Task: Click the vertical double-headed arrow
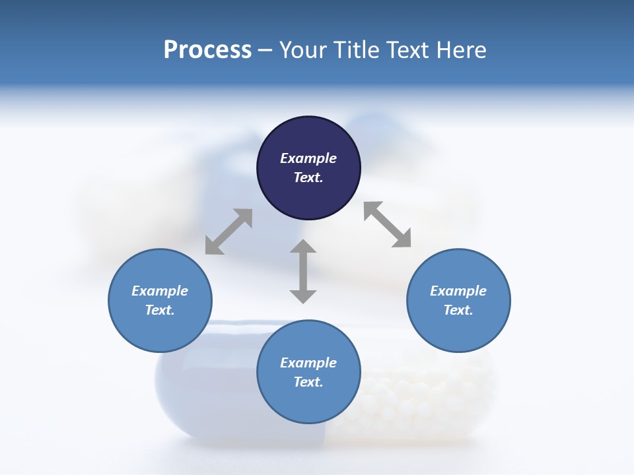click(303, 271)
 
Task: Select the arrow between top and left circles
click(229, 232)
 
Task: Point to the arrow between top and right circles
click(388, 224)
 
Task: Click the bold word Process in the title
click(207, 50)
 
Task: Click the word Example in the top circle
click(308, 158)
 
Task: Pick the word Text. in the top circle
click(308, 177)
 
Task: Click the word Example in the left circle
click(160, 291)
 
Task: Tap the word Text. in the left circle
click(160, 310)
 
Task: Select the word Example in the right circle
click(458, 291)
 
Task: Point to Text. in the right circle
click(458, 310)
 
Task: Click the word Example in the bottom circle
click(308, 363)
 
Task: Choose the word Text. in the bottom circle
click(308, 382)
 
